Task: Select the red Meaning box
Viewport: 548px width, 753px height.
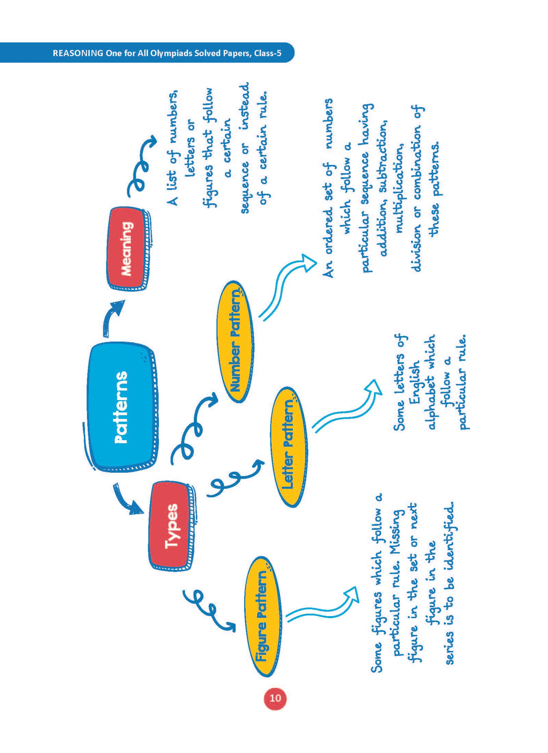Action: [127, 249]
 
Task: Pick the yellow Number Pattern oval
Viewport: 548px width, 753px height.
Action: [235, 342]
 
